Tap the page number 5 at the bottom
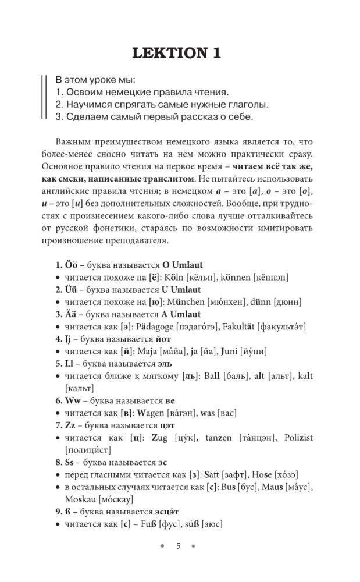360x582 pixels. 179,545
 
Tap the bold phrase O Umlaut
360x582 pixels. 173,265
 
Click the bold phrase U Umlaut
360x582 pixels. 173,290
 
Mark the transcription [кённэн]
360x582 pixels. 272,278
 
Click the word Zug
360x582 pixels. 165,437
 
